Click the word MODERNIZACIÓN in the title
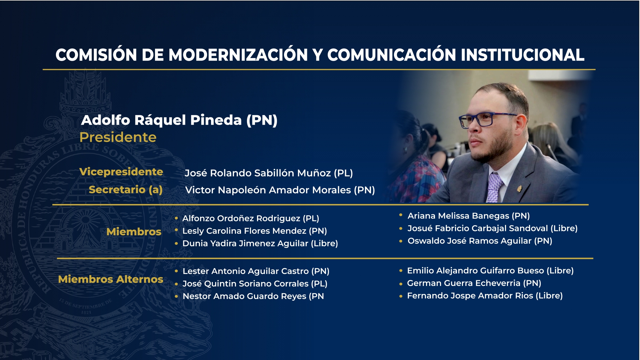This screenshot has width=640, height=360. point(238,55)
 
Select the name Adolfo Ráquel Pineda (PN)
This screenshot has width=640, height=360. point(179,120)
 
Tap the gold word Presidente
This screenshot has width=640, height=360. point(118,137)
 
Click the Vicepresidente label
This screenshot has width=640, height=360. point(121,172)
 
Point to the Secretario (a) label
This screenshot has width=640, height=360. point(126,190)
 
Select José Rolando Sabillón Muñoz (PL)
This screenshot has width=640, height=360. point(269,173)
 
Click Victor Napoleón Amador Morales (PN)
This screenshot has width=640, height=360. point(280,190)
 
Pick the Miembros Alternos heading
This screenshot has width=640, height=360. point(111,279)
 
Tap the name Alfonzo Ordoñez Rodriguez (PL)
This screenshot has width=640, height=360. point(251,218)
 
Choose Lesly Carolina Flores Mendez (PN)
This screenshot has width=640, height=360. point(255,231)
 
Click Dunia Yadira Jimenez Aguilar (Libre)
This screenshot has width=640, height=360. point(260,244)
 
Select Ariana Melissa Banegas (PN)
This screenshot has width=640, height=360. point(469,216)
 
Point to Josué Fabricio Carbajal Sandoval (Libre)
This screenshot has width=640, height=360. point(493,228)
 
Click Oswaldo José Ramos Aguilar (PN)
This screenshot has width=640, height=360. point(480,241)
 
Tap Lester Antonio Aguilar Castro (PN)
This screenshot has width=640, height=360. point(256,271)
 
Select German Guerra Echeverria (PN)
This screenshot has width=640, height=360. point(474,283)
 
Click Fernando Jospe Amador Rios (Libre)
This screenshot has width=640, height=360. point(485,296)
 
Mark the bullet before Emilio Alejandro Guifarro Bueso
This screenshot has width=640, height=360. point(401,271)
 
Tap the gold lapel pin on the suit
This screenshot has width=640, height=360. point(519,189)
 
